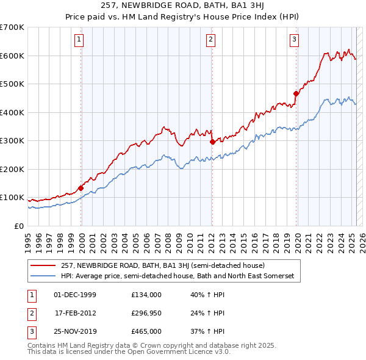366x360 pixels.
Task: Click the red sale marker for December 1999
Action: [81, 188]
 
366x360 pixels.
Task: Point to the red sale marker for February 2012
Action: [212, 142]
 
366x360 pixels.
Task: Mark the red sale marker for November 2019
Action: [296, 93]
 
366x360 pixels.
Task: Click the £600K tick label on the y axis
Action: [12, 56]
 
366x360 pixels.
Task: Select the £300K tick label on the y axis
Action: [12, 141]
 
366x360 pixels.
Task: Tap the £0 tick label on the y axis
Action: [18, 226]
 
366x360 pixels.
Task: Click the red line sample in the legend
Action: [44, 265]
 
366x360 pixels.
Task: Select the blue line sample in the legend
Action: [44, 276]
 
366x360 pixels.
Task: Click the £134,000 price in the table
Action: [146, 295]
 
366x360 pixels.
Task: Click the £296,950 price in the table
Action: [146, 313]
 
